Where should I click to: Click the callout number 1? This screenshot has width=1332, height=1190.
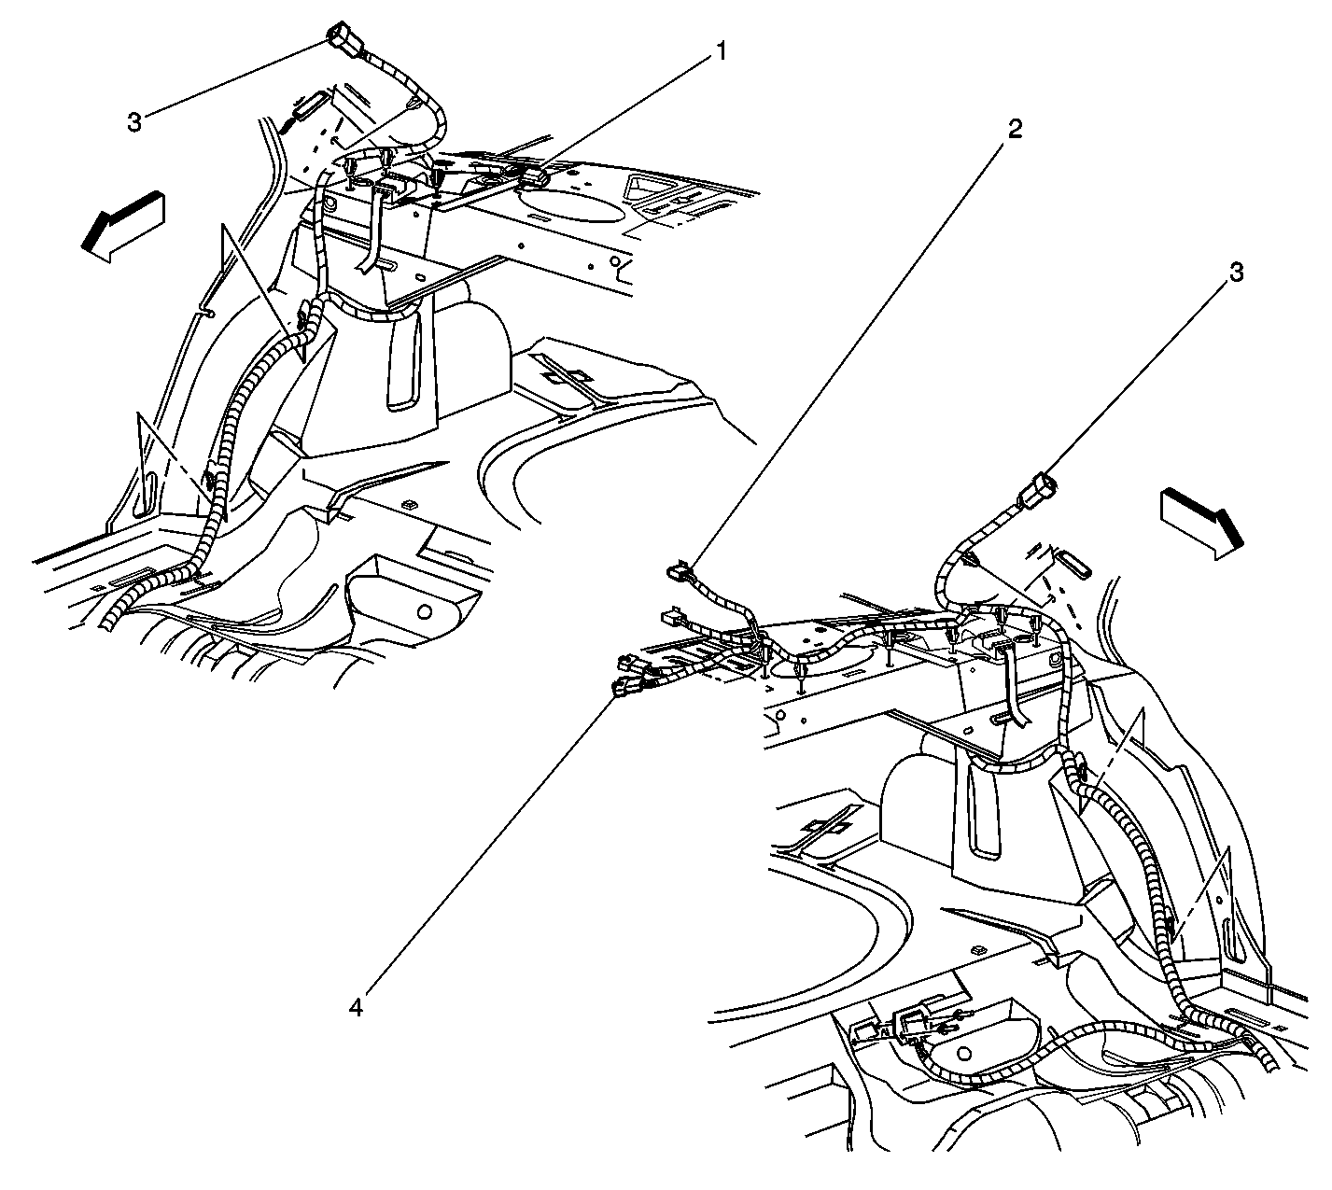point(722,51)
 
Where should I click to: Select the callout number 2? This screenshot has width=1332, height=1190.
point(1015,130)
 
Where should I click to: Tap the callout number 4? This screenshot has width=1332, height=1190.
point(356,1008)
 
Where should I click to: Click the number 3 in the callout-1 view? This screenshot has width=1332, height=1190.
point(134,121)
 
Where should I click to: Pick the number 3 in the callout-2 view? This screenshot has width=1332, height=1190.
point(1237,273)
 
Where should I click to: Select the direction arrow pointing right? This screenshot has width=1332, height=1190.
point(1202,524)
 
